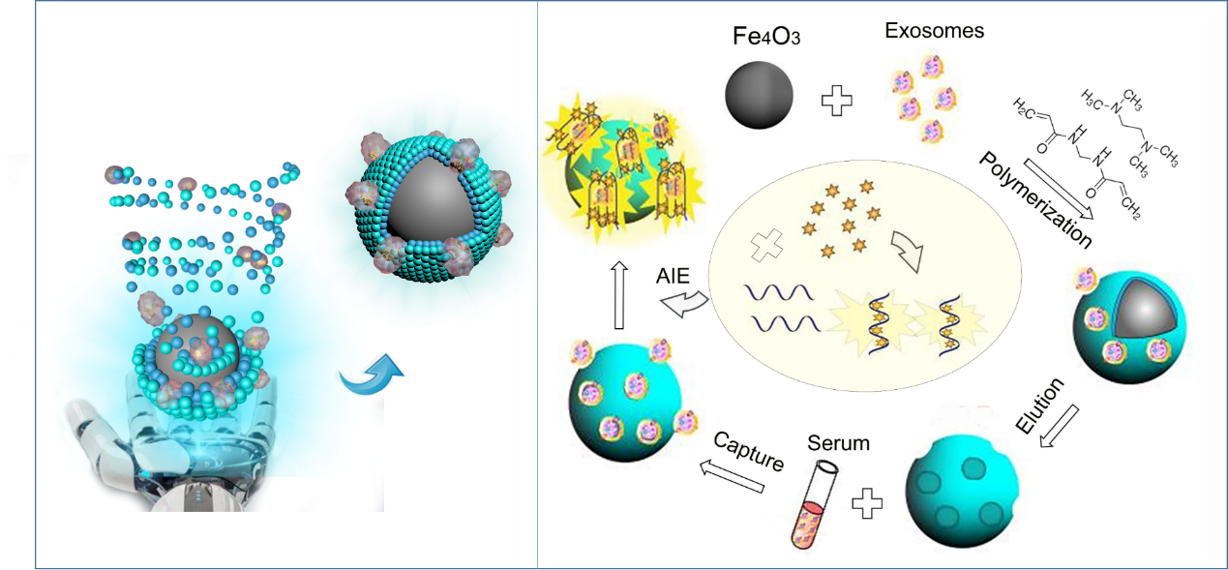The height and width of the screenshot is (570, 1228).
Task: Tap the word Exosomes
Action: (x=934, y=31)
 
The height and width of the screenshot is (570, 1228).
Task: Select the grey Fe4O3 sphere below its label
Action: (x=760, y=95)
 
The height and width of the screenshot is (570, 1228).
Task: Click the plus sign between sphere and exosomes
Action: (x=836, y=100)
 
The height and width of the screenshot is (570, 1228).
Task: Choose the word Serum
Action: (x=838, y=444)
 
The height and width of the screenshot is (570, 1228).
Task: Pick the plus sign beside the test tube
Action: (x=868, y=502)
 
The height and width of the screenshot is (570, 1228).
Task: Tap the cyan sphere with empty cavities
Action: (x=953, y=487)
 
